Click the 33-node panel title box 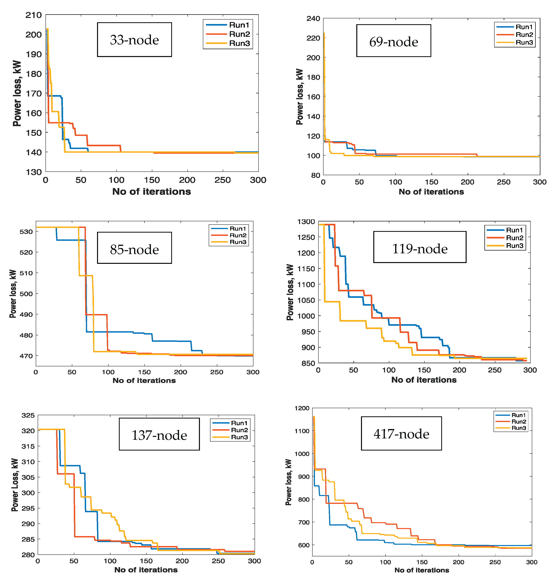(x=134, y=39)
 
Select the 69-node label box (x=393, y=41)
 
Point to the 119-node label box (x=419, y=247)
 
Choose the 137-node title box (x=159, y=434)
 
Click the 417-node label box (x=401, y=433)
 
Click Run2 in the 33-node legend (x=239, y=34)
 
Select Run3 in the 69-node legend (x=524, y=42)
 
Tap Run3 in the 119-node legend (x=514, y=246)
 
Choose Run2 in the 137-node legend (x=239, y=430)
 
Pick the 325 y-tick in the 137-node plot (x=28, y=415)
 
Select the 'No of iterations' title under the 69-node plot (x=431, y=192)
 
